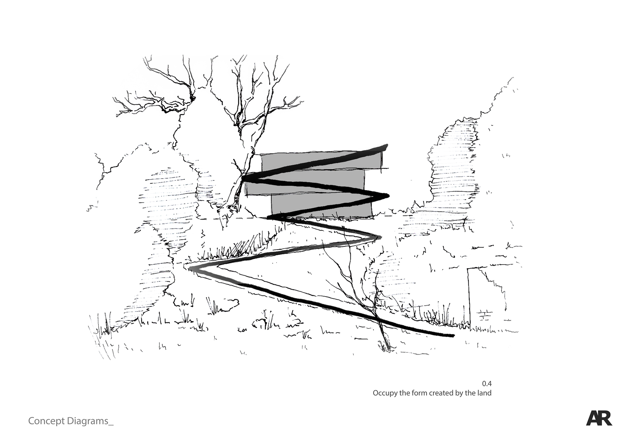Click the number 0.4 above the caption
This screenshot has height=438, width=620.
pos(487,384)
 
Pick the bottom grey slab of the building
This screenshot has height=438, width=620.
pos(321,205)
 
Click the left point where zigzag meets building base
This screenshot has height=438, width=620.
pos(268,218)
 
